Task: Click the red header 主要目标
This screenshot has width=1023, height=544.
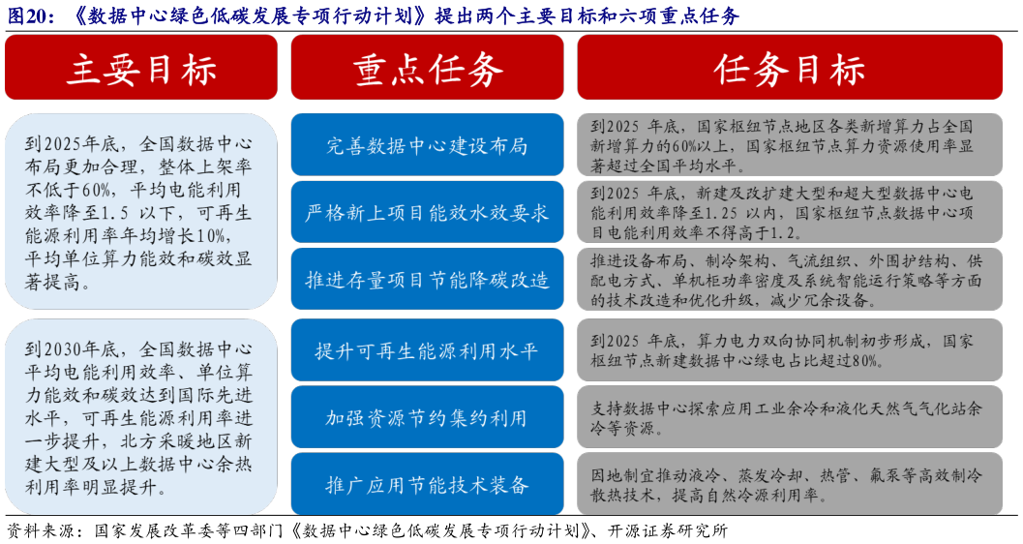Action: [141, 68]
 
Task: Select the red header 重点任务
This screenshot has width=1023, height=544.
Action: [427, 68]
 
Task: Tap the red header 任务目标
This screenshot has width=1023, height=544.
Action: [789, 68]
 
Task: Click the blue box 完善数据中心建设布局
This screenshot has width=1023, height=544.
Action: [427, 145]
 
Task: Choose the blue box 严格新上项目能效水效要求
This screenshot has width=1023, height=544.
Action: [427, 212]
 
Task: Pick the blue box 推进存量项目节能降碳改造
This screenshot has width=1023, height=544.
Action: [427, 280]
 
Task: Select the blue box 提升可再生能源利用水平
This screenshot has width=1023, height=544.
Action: [427, 349]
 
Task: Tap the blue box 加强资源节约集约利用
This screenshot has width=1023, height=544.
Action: [427, 417]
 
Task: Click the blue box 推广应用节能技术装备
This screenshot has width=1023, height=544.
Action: [427, 485]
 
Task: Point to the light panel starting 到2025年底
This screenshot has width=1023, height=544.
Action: [141, 212]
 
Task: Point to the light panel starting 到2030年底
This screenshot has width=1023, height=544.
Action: [141, 416]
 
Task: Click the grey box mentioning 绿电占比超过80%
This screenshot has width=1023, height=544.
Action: [789, 350]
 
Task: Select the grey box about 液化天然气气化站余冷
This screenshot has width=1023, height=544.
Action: [789, 417]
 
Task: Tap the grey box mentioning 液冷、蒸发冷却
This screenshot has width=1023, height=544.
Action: [789, 485]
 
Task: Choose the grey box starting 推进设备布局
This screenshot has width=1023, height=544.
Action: [789, 280]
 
